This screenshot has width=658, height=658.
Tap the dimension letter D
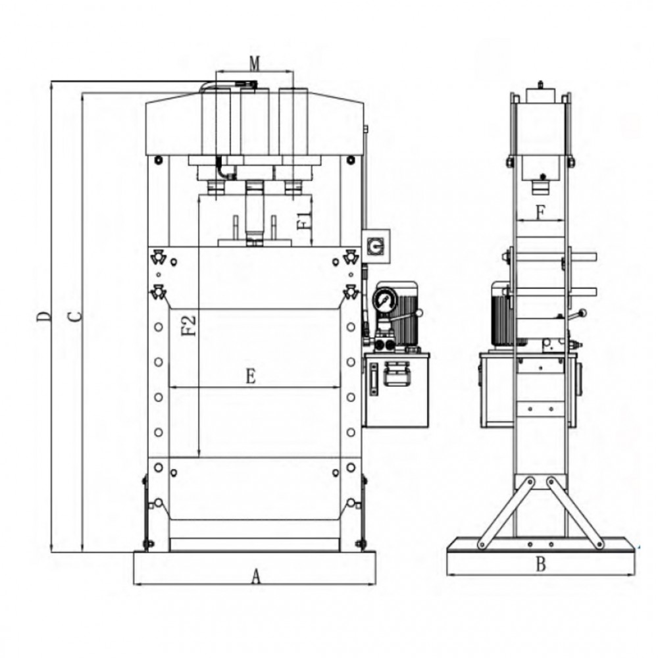43,316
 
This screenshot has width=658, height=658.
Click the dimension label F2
189,325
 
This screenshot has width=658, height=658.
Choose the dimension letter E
250,376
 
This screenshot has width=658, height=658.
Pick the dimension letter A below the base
257,577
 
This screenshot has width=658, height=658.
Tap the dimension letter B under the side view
541,565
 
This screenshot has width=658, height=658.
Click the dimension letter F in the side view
540,213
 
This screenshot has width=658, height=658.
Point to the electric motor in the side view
503,315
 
